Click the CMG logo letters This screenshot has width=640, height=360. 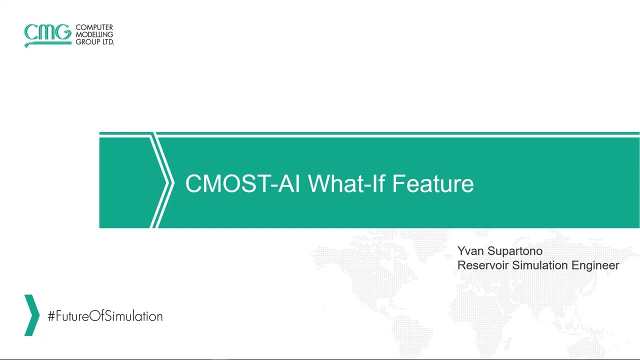click(x=47, y=33)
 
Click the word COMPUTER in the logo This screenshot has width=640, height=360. click(x=94, y=27)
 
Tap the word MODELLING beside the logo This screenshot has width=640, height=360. click(x=94, y=35)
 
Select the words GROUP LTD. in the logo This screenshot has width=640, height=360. click(x=95, y=42)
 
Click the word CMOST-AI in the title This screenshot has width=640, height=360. click(x=242, y=183)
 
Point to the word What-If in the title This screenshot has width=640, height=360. click(x=346, y=183)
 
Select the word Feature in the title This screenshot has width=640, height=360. click(x=433, y=183)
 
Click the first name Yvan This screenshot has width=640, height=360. click(x=470, y=251)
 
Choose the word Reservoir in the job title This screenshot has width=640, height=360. click(x=483, y=265)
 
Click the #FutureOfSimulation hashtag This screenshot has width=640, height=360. click(x=105, y=316)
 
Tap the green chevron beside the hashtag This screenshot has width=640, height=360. click(x=31, y=315)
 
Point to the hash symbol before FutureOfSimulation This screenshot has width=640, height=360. click(x=51, y=316)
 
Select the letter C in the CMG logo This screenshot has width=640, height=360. click(x=31, y=33)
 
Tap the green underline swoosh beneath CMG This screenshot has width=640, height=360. click(x=47, y=43)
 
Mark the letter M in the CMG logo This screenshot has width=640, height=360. click(x=46, y=33)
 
